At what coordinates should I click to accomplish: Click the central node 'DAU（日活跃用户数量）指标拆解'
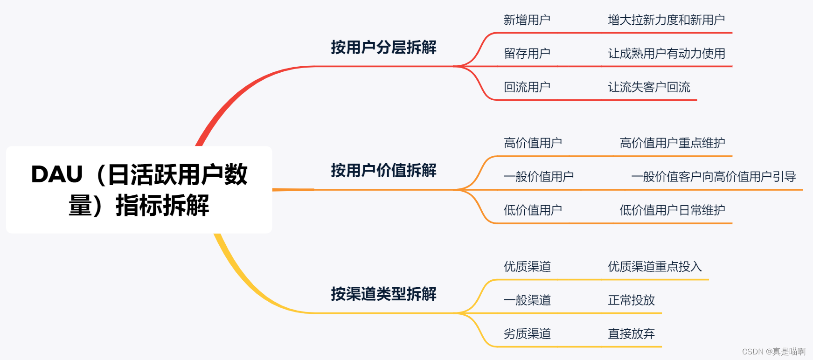(x=139, y=189)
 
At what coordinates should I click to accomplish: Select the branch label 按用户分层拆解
(x=383, y=47)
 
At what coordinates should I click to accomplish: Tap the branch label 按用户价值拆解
(x=383, y=170)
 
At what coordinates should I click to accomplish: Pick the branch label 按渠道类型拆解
(x=383, y=294)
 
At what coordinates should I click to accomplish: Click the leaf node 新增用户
(x=527, y=20)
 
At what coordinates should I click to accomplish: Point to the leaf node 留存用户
(x=527, y=54)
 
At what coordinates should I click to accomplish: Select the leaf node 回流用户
(x=527, y=87)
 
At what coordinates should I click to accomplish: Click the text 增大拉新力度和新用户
(x=666, y=20)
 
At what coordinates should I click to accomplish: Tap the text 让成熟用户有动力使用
(x=666, y=54)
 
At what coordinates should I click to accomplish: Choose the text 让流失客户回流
(x=649, y=87)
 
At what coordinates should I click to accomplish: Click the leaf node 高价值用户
(x=533, y=143)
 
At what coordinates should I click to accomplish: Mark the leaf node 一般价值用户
(x=539, y=177)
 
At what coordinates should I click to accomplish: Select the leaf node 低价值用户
(x=533, y=210)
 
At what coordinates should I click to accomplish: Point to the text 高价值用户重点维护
(x=672, y=143)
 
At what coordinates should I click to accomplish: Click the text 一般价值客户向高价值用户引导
(x=713, y=177)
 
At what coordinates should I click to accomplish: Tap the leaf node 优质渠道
(x=527, y=267)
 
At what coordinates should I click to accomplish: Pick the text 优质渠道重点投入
(x=654, y=267)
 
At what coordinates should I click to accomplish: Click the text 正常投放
(x=631, y=300)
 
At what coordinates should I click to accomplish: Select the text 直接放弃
(x=631, y=334)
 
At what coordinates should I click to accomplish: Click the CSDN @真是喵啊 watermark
(x=773, y=352)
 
